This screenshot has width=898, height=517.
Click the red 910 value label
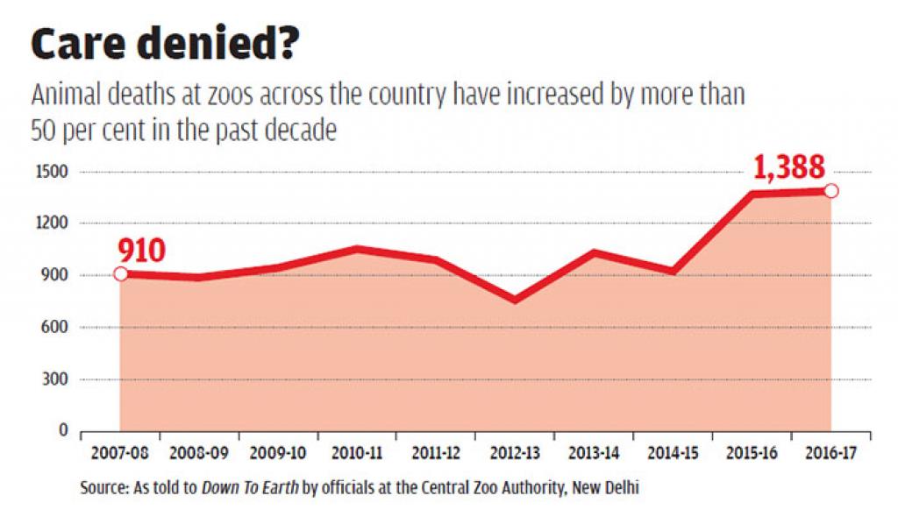point(140,251)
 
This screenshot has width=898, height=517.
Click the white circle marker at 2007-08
point(120,274)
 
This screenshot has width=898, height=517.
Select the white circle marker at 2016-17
point(830,191)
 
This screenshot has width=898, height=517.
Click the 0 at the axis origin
point(61,431)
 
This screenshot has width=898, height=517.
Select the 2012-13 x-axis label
point(515,454)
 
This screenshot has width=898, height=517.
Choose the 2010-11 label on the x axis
point(357,454)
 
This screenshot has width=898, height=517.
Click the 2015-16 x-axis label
point(752,454)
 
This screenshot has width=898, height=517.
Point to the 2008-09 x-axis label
point(199,454)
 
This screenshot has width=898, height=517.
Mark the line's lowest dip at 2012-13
point(515,301)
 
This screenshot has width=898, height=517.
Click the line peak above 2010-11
point(357,249)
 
